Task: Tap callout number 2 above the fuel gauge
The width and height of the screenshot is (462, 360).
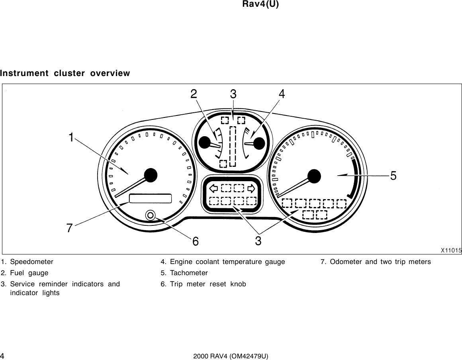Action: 194,94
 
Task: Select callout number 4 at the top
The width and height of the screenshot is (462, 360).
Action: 282,94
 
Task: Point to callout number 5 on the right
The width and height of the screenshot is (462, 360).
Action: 393,176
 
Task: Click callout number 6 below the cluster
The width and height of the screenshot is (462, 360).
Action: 196,241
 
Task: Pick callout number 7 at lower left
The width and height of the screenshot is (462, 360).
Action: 70,228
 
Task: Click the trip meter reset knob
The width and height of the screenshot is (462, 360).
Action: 150,215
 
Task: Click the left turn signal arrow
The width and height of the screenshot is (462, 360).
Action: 213,188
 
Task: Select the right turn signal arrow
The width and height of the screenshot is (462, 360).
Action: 251,188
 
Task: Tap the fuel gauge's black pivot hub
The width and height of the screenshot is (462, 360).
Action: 205,142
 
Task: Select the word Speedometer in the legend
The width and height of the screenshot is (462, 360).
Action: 31,262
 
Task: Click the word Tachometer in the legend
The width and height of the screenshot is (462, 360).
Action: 189,273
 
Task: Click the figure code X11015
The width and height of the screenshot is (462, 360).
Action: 451,250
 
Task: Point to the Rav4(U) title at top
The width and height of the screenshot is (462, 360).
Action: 260,4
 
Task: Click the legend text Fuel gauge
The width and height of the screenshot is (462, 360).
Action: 29,273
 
